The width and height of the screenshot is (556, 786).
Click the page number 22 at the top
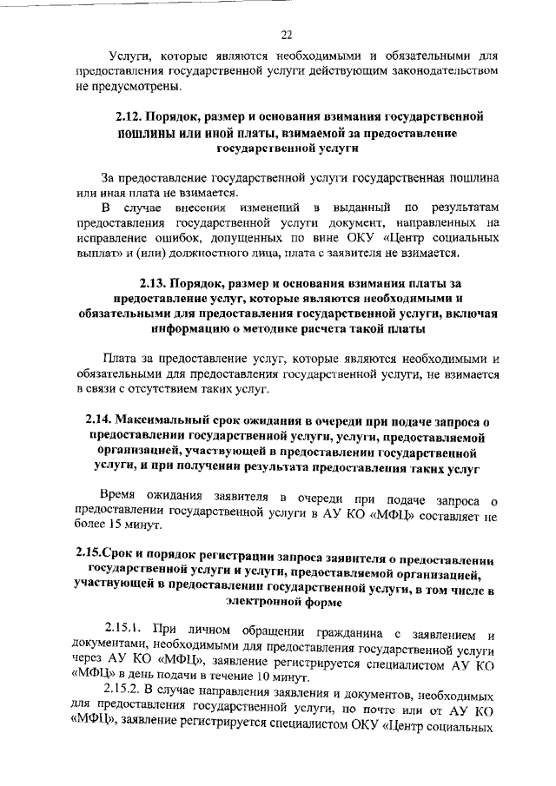coord(286,35)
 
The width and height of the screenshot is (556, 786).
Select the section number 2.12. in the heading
coord(130,116)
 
